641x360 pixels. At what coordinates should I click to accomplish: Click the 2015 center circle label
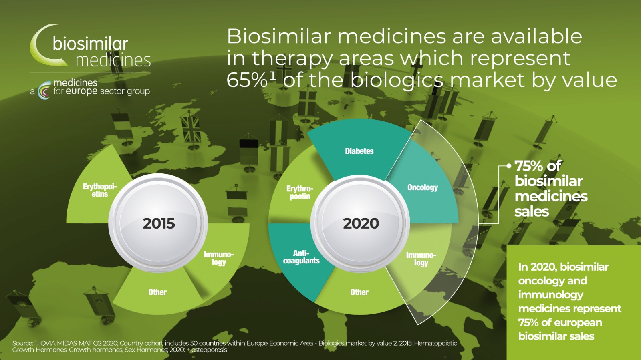(x=159, y=223)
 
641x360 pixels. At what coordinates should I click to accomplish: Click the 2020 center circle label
(x=361, y=223)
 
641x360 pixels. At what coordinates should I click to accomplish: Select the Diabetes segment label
(x=359, y=151)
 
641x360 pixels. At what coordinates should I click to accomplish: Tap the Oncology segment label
(x=423, y=187)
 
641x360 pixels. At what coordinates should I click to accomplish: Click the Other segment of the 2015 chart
(x=157, y=292)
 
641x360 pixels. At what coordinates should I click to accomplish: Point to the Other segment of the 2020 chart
(x=359, y=292)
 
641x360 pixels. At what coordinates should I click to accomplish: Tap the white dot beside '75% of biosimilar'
(x=509, y=166)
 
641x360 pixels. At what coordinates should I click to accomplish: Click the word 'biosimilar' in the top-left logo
(x=90, y=44)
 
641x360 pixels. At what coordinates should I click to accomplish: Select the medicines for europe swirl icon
(x=44, y=91)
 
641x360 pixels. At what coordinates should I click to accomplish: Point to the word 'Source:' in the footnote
(x=22, y=343)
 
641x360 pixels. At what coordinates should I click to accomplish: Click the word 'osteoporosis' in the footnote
(x=209, y=350)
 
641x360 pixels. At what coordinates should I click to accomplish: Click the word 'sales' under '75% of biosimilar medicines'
(x=532, y=212)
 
